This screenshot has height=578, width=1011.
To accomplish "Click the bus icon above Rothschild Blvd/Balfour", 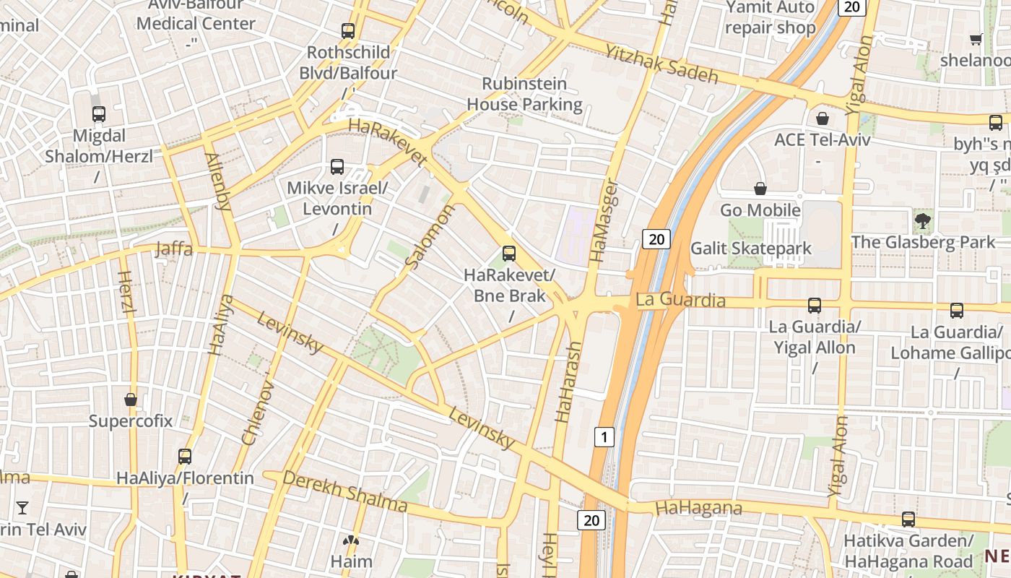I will point(348,31).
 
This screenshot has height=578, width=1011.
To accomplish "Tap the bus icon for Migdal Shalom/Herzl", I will point(99,114).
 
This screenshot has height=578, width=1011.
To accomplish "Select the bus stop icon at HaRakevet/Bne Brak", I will point(509,254).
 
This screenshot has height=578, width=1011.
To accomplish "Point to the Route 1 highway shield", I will point(604,436).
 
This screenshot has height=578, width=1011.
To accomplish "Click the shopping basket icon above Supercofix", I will point(131,400).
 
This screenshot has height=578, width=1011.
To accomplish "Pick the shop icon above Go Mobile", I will point(760,189).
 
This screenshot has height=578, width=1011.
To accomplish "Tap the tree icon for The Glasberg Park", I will point(922,220).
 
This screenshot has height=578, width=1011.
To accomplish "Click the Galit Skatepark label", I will point(751,249).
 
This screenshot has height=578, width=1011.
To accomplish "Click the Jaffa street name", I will point(174,249).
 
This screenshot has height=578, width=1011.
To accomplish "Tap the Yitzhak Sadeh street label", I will point(661,64).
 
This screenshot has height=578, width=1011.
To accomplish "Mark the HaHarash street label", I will point(568,381).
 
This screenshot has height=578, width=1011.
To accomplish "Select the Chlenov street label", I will point(258,413).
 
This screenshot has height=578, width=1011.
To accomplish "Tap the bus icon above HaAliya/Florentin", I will point(185,457).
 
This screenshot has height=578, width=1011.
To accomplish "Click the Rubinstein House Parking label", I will point(524,94).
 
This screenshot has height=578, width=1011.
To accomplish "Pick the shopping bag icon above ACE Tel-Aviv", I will point(822,118).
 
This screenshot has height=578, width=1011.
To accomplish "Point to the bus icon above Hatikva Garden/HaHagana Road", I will point(908,519).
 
